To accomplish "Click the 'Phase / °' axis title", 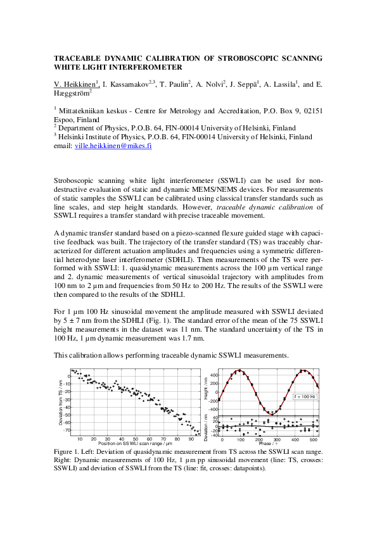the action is [269, 444].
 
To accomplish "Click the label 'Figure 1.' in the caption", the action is [68, 451].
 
